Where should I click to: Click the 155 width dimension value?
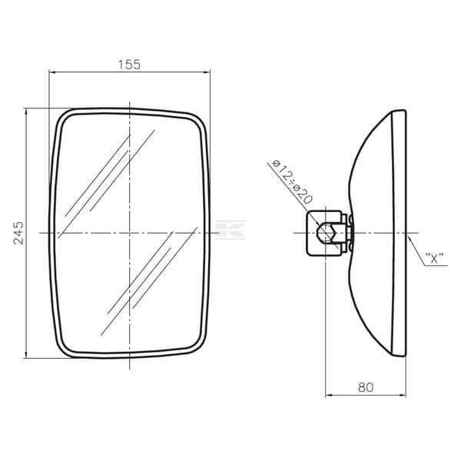tap(129, 65)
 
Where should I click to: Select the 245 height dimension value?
tap(19, 233)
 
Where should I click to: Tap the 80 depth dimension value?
tap(366, 387)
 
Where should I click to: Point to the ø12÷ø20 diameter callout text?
tap(292, 182)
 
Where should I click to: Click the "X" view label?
tap(435, 258)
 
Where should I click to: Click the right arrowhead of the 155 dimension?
tap(207, 71)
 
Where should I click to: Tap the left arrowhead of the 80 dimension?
tap(329, 395)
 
